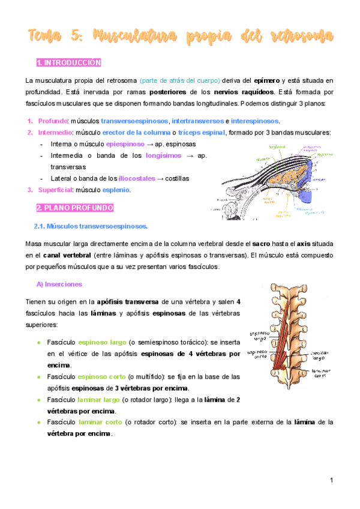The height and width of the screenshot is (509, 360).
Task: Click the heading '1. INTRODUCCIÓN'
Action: point(68,62)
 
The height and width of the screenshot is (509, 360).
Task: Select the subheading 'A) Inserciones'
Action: point(59,283)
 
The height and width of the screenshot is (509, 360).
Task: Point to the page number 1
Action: point(331,480)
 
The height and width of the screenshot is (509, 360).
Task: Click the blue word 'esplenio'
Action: point(114,190)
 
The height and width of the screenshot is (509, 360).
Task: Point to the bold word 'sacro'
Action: point(260,245)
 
